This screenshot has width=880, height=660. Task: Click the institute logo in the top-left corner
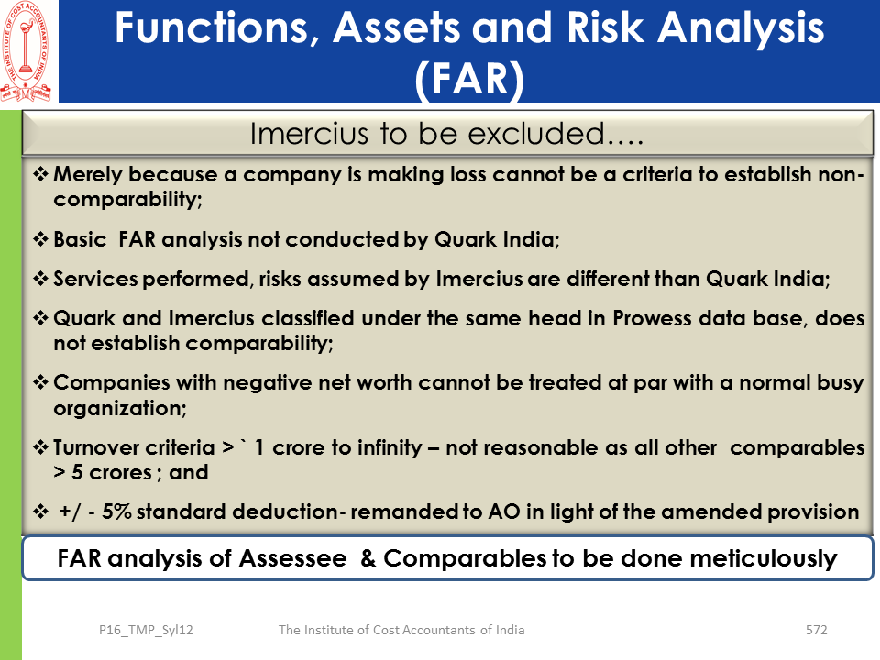click(x=27, y=51)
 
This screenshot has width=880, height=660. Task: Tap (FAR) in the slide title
click(x=469, y=79)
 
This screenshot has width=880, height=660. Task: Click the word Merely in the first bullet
click(x=87, y=174)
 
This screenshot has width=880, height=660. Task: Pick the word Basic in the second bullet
click(x=80, y=239)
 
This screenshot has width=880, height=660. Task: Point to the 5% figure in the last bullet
click(x=116, y=511)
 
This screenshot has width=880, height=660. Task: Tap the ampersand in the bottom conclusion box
click(x=368, y=558)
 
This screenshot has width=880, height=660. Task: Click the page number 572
click(x=816, y=630)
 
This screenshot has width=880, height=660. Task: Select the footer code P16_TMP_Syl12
click(x=146, y=631)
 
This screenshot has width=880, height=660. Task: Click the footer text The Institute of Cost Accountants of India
click(x=401, y=630)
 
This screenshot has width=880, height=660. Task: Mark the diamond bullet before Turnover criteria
click(x=40, y=447)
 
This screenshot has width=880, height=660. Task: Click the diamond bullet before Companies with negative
click(x=40, y=382)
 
